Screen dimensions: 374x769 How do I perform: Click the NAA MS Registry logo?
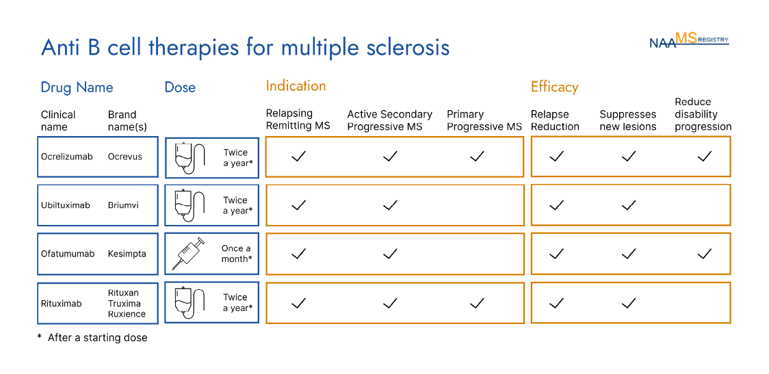pyautogui.click(x=688, y=40)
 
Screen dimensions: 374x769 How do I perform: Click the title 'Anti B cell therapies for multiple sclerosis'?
pyautogui.click(x=245, y=48)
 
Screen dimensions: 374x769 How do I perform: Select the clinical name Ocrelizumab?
pyautogui.click(x=66, y=157)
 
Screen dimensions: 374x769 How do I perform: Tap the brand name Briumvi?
pyautogui.click(x=123, y=205)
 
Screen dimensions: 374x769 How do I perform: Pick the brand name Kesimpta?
pyautogui.click(x=127, y=254)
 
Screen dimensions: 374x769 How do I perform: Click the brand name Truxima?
pyautogui.click(x=125, y=304)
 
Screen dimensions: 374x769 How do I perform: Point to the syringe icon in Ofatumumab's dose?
pyautogui.click(x=187, y=254)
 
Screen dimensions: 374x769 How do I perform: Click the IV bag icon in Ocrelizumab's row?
pyautogui.click(x=189, y=157)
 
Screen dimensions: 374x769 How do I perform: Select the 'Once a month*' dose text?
pyautogui.click(x=236, y=254)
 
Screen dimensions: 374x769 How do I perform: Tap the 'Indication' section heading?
pyautogui.click(x=296, y=86)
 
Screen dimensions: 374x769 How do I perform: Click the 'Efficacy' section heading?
pyautogui.click(x=554, y=87)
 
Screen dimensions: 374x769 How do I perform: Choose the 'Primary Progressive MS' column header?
pyautogui.click(x=484, y=120)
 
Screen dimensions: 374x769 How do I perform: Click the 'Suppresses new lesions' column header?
pyautogui.click(x=627, y=120)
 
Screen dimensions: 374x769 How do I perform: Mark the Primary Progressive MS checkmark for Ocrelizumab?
pyautogui.click(x=477, y=157)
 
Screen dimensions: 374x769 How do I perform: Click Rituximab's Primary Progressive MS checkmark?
pyautogui.click(x=477, y=303)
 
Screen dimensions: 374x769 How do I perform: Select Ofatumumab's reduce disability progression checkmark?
pyautogui.click(x=704, y=254)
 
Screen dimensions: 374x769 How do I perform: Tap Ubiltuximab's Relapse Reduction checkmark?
pyautogui.click(x=556, y=205)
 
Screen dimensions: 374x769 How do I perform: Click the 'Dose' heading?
pyautogui.click(x=180, y=88)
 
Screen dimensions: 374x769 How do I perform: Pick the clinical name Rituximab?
pyautogui.click(x=61, y=304)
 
